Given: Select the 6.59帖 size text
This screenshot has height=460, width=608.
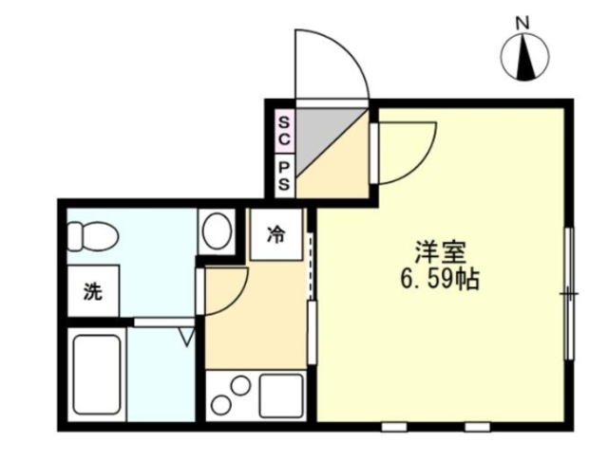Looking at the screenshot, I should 439,281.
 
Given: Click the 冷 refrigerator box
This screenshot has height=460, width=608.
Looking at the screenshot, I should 275,235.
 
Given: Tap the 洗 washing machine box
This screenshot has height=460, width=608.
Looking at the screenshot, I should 91,292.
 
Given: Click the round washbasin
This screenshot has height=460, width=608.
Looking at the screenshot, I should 218,230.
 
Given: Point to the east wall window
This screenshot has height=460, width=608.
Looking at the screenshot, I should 569,294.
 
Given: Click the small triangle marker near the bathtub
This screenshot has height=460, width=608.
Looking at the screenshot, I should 186,335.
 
